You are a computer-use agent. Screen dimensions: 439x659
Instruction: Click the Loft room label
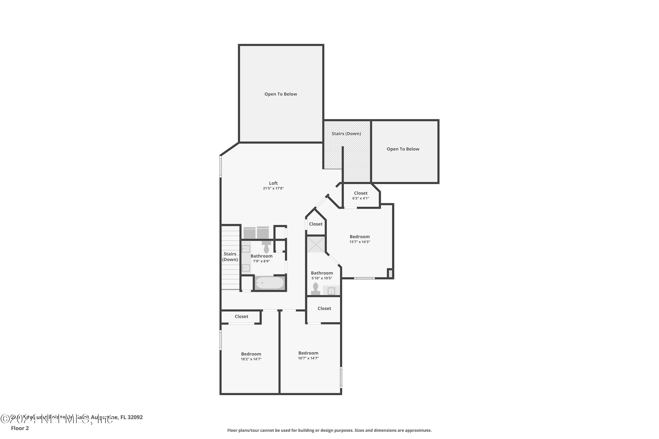point(273,183)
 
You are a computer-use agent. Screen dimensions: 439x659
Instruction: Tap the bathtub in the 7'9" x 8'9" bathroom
point(270,283)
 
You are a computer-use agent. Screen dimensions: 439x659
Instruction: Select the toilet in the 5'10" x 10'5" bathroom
point(315,289)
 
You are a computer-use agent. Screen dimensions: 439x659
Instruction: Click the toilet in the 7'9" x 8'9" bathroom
point(266,248)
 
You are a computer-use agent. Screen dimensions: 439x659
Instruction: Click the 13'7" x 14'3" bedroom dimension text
point(359,242)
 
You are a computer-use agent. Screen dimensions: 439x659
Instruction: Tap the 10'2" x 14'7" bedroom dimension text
point(251,359)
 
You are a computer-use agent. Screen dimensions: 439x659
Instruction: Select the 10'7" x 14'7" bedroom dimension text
point(308,358)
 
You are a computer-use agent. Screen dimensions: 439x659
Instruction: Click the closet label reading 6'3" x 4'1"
point(361,198)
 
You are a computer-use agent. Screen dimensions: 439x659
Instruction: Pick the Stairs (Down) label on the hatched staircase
point(346,133)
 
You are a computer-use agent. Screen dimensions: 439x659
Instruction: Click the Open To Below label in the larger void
point(281,94)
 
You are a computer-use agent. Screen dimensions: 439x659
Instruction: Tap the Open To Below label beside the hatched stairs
point(403,149)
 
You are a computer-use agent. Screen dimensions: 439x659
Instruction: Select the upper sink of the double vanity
point(246,249)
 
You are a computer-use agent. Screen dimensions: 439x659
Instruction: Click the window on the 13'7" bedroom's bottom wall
point(364,278)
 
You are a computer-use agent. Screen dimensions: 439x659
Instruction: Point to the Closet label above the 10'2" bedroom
point(241,316)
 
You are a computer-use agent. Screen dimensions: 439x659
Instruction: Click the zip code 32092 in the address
point(135,417)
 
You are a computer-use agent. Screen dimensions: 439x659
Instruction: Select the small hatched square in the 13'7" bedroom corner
point(390,273)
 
